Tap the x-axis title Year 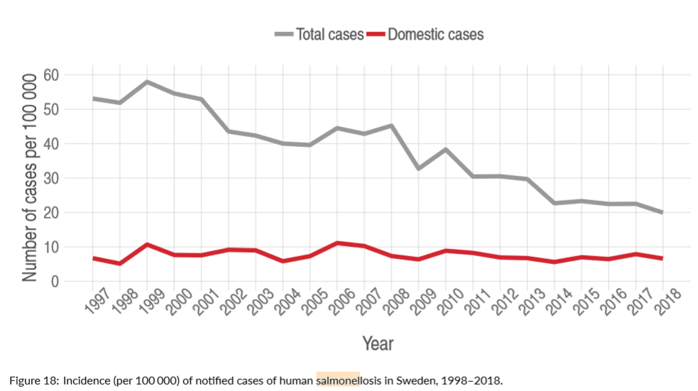click(377, 343)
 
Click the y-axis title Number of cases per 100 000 click(29, 177)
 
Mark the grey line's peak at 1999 click(147, 82)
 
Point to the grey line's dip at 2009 click(419, 169)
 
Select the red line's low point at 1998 click(120, 264)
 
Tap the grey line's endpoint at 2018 click(662, 212)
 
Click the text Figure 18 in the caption click(33, 380)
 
